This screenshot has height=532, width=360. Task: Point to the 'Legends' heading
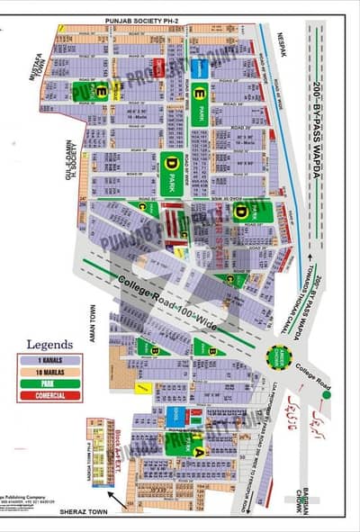coord(49,343)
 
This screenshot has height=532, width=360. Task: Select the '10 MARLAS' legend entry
coord(49,372)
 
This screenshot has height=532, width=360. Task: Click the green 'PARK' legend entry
coord(49,383)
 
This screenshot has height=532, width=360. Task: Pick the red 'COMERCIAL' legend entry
coord(49,394)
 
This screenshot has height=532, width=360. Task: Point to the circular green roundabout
coord(279,355)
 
